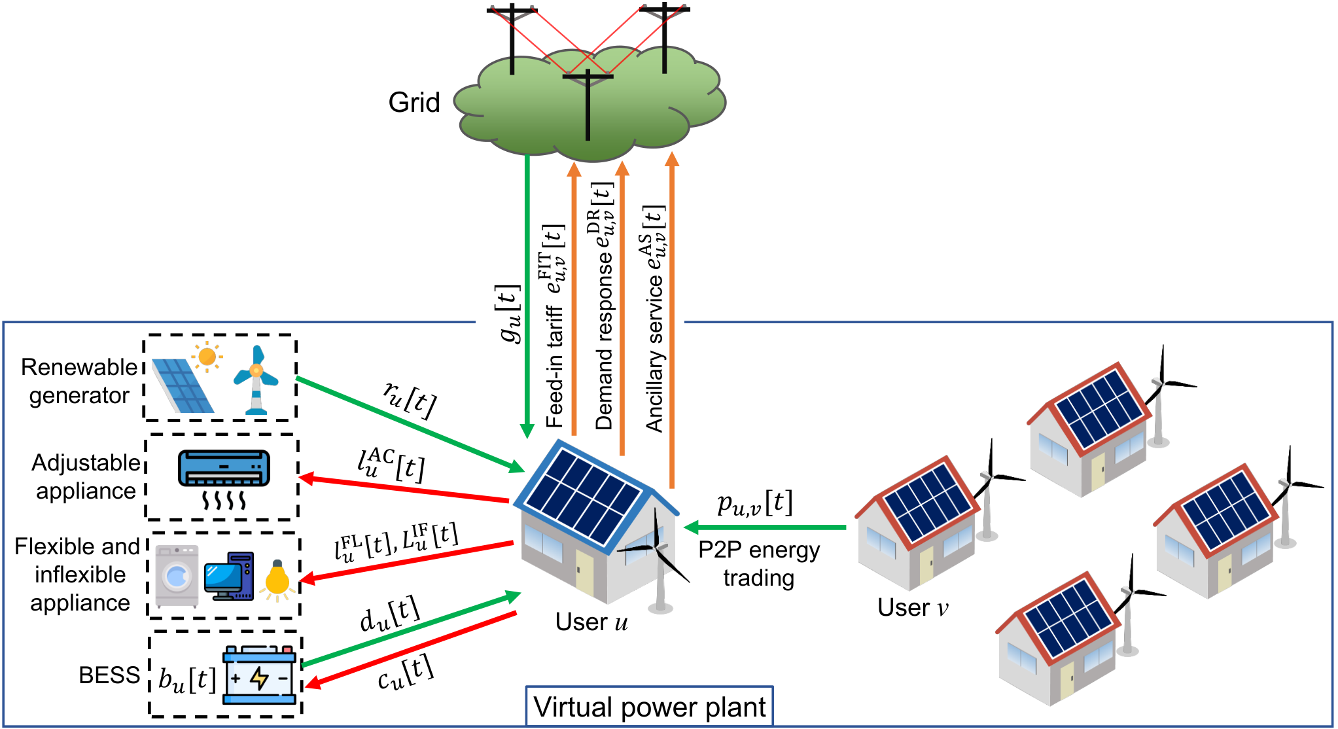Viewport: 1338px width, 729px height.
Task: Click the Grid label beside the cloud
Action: coord(414,103)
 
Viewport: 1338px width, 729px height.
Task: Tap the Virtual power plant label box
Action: coord(650,706)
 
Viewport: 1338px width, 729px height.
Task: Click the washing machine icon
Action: coord(177,577)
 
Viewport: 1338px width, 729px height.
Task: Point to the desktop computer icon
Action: coord(228,576)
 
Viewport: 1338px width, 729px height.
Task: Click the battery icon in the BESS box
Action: coord(259,675)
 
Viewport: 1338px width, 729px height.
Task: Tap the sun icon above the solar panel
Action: coord(207,357)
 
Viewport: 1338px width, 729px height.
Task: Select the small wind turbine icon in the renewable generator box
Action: coord(256,380)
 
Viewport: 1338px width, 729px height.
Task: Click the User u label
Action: coord(591,622)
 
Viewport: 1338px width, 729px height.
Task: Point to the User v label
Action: coord(913,607)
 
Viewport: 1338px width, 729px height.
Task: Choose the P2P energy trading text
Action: coord(759,564)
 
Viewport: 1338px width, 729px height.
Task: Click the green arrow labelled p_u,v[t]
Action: coord(765,527)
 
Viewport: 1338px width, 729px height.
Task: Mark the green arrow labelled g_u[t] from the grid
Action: coord(527,296)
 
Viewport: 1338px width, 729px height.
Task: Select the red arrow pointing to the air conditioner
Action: coord(404,489)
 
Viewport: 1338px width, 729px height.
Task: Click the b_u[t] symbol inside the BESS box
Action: coord(187,679)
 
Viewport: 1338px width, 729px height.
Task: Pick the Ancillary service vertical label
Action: coord(654,319)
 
